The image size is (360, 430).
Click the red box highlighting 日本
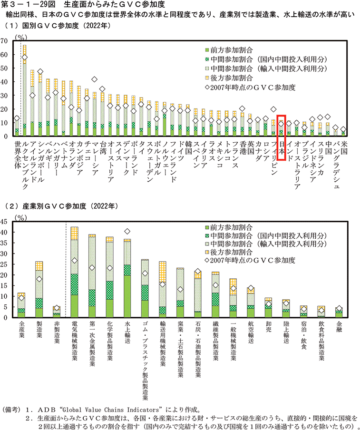[282, 137]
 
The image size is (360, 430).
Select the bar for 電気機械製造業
[74, 272]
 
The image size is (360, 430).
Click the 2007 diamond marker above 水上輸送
[127, 232]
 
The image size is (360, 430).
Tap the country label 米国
[343, 147]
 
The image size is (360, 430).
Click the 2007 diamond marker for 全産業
[21, 298]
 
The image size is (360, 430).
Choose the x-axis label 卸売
[269, 328]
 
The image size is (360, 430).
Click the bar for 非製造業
[57, 312]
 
